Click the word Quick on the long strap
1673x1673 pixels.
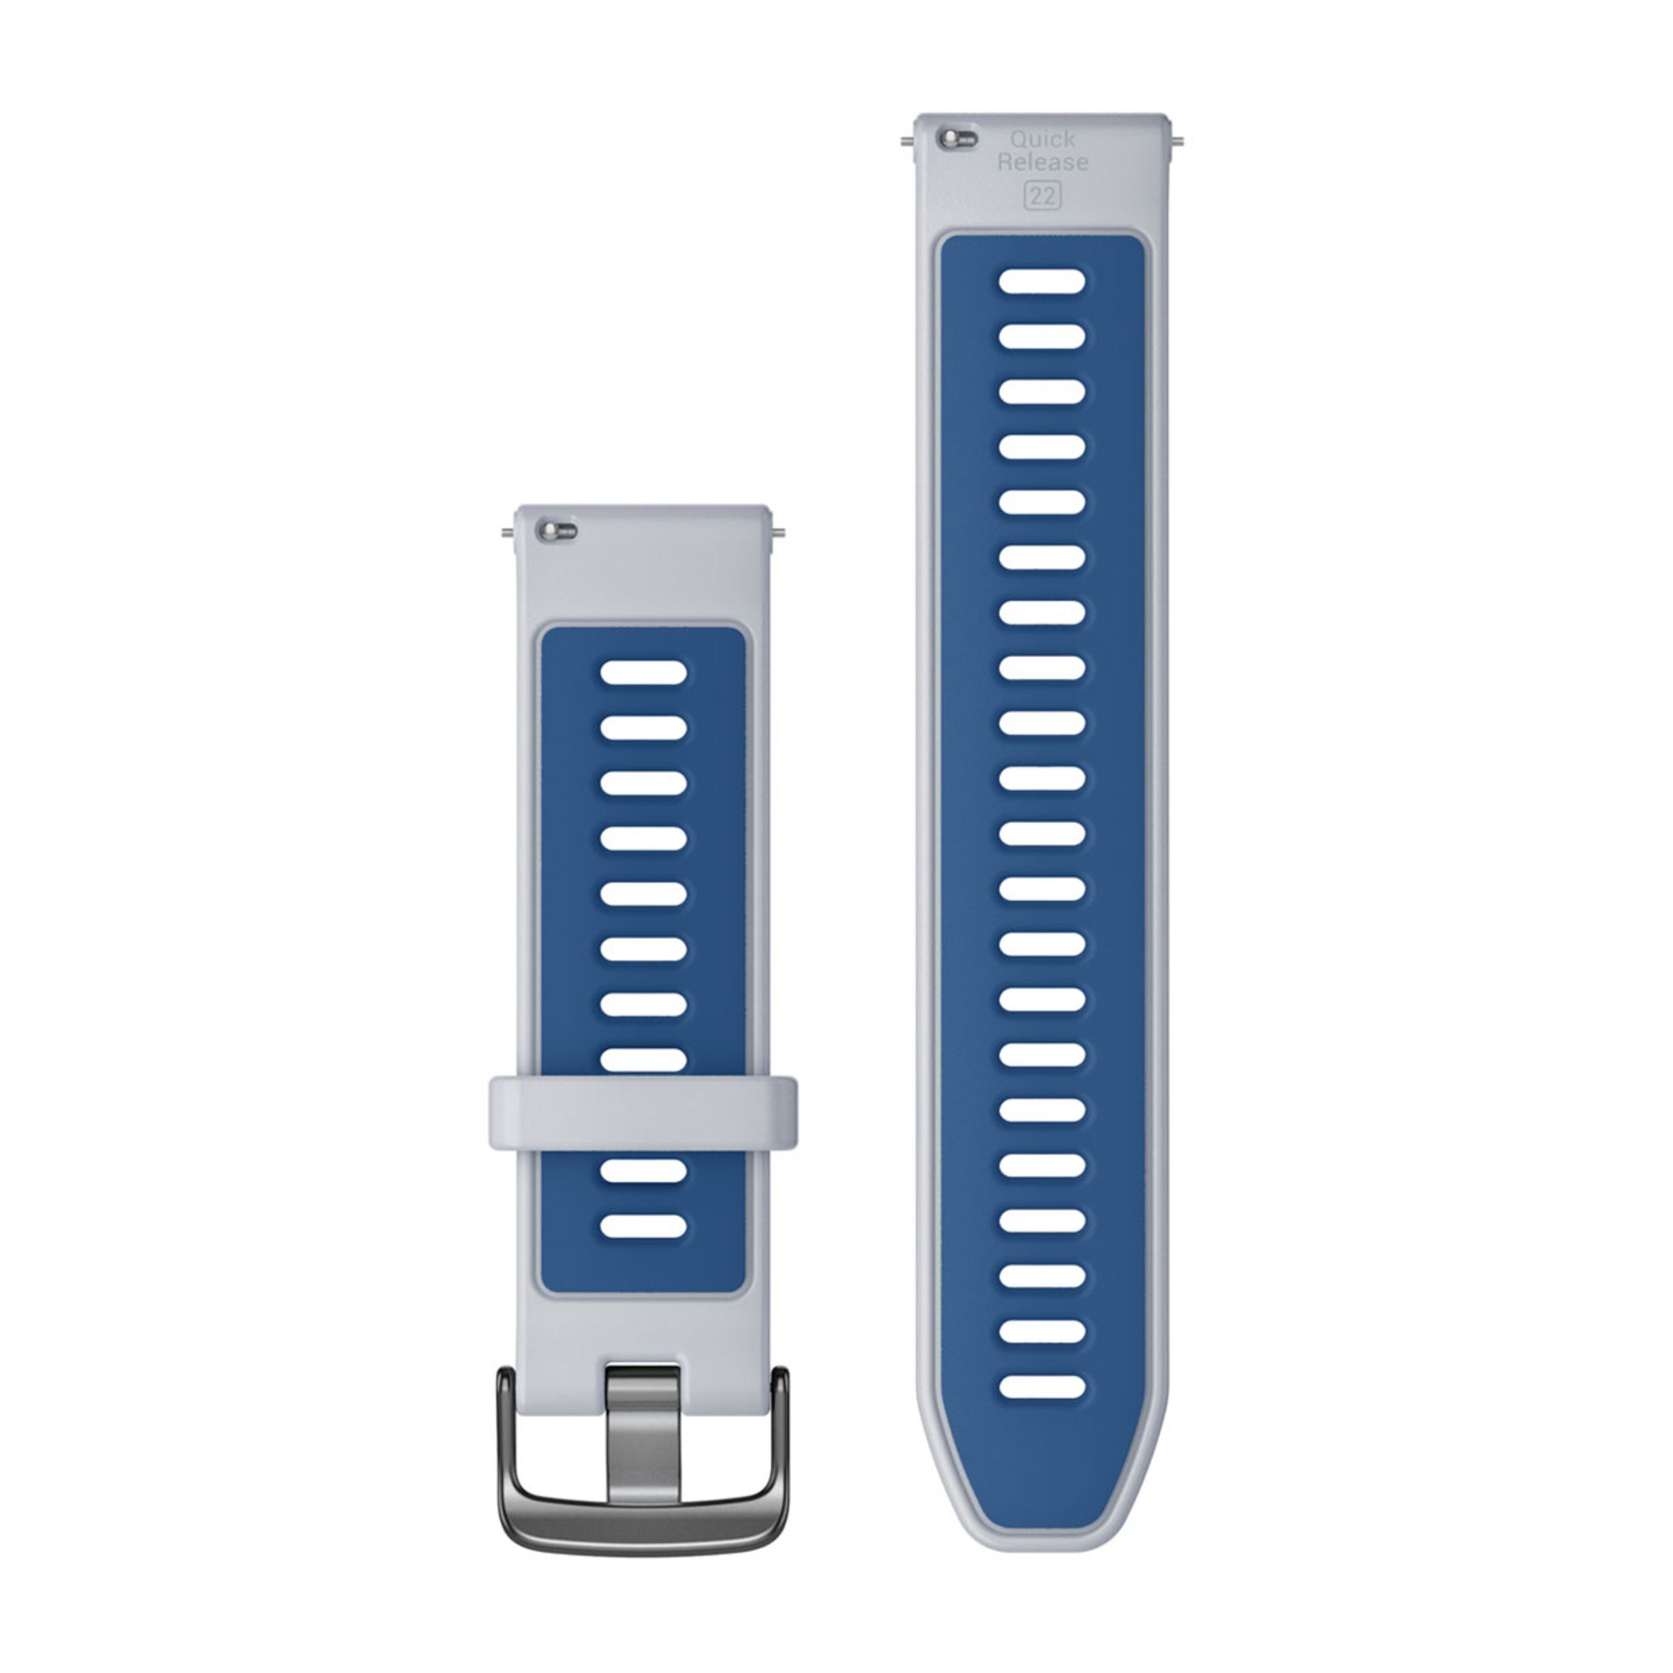1042,138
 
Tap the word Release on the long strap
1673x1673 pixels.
1042,162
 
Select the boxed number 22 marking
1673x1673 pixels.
1042,196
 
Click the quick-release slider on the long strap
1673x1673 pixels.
956,138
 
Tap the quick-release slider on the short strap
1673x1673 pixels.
557,531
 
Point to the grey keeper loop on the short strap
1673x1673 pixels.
643,1113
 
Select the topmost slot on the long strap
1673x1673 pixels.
1042,281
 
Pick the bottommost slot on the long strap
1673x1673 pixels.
1042,1387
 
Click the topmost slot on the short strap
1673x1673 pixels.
643,672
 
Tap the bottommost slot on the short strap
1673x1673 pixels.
643,1225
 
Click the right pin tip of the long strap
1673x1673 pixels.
1179,140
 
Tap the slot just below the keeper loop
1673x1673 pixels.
643,1170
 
